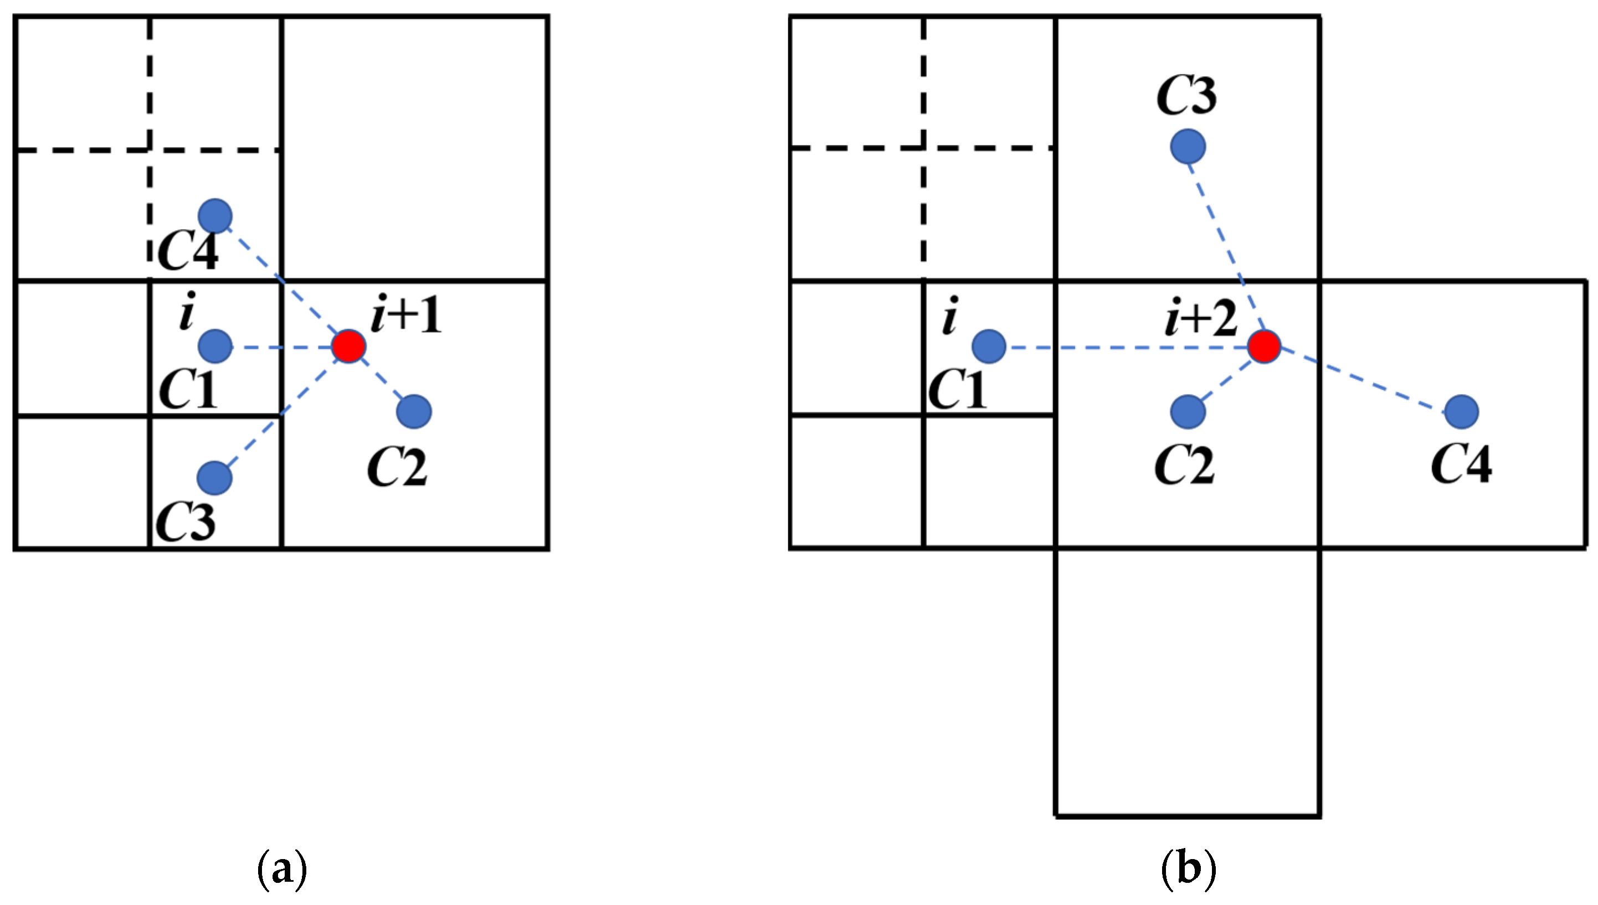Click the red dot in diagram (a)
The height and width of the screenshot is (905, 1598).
pos(348,346)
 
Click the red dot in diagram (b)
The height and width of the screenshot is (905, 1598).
pos(1265,346)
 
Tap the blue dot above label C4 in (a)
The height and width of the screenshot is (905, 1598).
pos(215,216)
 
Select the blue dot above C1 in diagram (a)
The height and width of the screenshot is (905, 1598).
pos(215,345)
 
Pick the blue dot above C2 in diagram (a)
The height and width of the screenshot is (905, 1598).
pos(414,411)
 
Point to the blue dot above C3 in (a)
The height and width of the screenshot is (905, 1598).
pos(214,478)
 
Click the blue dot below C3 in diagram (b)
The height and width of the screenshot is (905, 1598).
pos(1188,147)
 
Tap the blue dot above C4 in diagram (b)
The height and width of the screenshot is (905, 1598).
pos(1462,411)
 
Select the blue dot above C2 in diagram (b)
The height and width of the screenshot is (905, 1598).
pos(1188,411)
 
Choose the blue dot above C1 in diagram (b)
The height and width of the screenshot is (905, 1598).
pos(989,346)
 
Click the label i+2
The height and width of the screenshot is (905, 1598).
pos(1200,318)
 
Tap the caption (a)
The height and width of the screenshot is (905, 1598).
pos(282,869)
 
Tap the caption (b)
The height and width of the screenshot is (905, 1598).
pos(1188,869)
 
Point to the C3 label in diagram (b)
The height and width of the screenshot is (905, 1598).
pos(1186,96)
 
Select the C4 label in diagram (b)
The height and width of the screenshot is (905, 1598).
pos(1461,464)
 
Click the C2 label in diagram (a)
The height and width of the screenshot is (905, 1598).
pos(397,467)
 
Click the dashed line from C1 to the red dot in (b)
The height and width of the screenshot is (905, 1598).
pos(1126,348)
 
